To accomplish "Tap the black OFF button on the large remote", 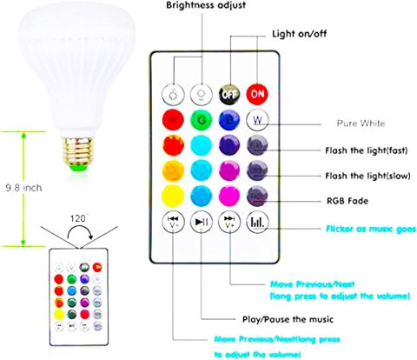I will click(230, 92).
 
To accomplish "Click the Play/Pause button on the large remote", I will click(201, 222).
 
